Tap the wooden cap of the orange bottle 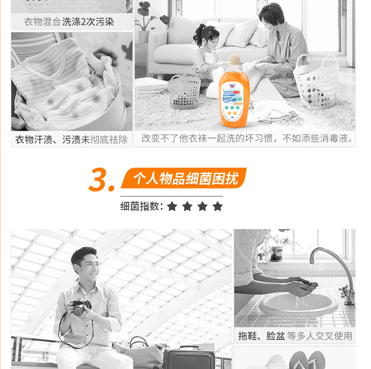tap(233, 60)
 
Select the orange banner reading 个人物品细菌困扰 tap(184, 178)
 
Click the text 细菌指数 tap(141, 206)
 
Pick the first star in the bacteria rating tap(172, 206)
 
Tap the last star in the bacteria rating tap(217, 206)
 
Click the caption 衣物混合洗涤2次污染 tap(69, 22)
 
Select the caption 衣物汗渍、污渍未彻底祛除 tap(71, 139)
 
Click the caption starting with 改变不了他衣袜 tap(247, 138)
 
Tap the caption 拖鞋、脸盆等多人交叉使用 tap(295, 336)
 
